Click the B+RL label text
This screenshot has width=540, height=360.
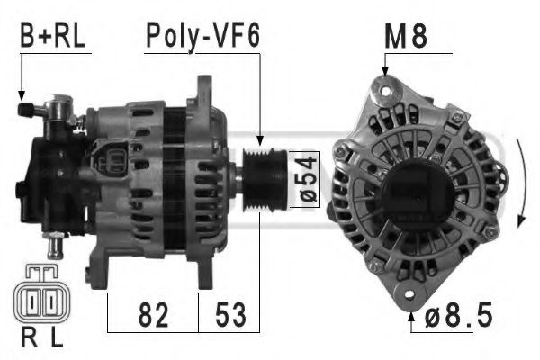53,37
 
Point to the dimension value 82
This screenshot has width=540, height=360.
153,316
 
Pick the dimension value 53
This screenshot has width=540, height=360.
229,316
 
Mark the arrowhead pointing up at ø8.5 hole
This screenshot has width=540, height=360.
412,312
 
